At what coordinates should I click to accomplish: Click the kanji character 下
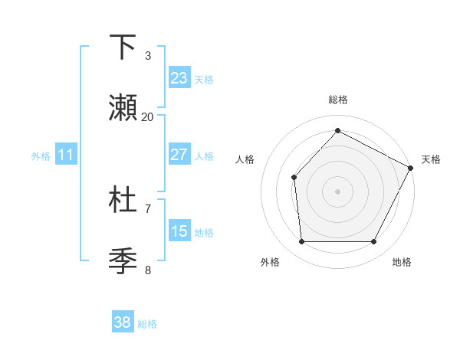123,47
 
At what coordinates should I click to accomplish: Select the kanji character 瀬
123,109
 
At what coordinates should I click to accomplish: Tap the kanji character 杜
123,199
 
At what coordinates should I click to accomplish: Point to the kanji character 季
123,261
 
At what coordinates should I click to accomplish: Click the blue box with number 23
179,78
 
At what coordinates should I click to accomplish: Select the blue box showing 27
179,155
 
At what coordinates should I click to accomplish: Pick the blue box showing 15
179,231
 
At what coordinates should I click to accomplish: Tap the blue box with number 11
66,155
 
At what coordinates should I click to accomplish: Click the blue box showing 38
123,323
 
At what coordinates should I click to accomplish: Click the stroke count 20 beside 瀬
148,117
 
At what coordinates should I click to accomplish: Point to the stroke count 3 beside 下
148,55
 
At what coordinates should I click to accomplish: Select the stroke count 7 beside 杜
148,208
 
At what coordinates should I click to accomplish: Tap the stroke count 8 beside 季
148,270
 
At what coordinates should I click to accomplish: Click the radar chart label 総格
337,100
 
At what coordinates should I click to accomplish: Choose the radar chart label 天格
431,159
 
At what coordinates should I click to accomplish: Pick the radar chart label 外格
270,262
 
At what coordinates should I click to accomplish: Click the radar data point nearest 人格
294,177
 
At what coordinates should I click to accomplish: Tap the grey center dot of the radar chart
337,191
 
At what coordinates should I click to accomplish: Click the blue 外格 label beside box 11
41,155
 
